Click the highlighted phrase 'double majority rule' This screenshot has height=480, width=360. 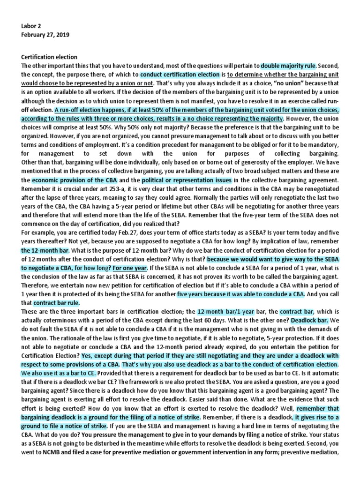click(x=289, y=66)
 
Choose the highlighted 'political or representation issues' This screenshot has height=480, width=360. click(x=187, y=180)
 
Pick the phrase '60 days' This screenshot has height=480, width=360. click(x=244, y=321)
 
